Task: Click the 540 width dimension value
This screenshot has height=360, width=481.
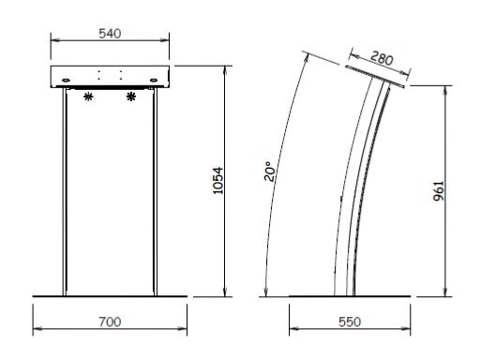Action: [110, 34]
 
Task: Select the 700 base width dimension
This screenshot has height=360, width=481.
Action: [110, 322]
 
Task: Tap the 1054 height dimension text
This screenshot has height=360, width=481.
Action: [218, 181]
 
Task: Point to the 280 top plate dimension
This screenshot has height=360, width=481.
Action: [382, 58]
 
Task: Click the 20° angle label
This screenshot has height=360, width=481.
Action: [270, 172]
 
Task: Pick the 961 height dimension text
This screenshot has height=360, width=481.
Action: [439, 191]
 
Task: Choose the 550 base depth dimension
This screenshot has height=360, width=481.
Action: [350, 322]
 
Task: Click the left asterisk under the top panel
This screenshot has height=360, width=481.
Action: [88, 97]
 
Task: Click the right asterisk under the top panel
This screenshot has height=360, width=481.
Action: [131, 97]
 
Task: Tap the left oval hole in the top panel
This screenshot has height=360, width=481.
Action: [67, 81]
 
